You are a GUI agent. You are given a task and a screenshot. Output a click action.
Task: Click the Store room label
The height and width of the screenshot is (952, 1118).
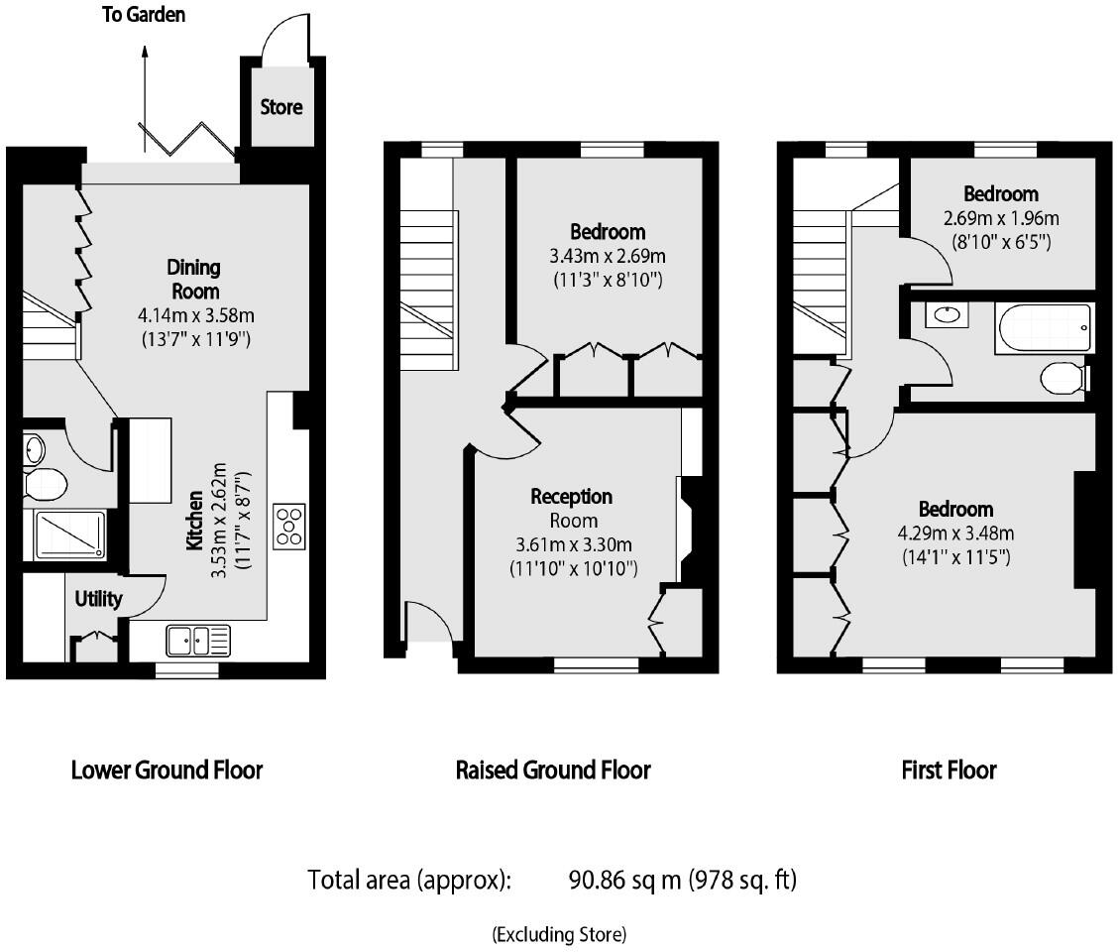coord(280,107)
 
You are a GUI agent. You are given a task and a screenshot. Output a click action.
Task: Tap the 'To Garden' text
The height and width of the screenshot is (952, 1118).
coord(144,15)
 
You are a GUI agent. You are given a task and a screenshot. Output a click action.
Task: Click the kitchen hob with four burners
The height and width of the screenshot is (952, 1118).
coord(289,526)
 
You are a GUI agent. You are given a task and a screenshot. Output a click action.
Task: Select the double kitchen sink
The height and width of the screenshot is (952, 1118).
coord(198,640)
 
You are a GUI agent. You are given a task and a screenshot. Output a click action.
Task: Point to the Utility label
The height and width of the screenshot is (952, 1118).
coord(99,599)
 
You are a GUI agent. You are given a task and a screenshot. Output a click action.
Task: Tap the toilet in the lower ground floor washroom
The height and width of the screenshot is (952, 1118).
coord(44,485)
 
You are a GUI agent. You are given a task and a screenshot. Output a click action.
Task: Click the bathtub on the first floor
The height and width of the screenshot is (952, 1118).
coord(1045,328)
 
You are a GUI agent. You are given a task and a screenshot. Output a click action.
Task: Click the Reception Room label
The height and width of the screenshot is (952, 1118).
coord(571,508)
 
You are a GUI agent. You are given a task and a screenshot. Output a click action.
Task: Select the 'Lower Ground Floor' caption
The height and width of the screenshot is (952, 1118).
coord(167,770)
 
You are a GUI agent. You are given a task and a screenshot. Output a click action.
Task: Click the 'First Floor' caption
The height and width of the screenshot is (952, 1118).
coord(949,770)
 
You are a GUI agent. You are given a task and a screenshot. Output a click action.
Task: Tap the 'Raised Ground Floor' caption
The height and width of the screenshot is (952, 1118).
coord(553,770)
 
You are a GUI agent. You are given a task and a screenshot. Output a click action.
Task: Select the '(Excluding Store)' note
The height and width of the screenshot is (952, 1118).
coord(559,933)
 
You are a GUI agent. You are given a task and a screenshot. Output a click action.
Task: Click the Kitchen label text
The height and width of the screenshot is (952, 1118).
coord(194,521)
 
